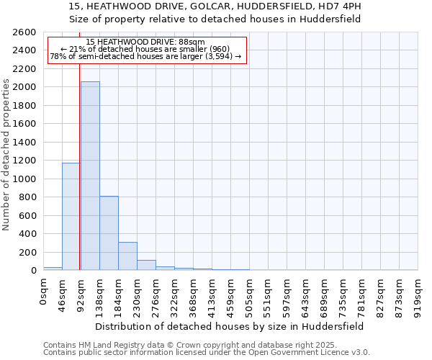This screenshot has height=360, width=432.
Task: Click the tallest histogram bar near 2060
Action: point(90,176)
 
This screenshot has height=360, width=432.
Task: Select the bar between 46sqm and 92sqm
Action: point(71,216)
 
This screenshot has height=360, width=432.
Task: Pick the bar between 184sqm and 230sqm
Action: point(127,256)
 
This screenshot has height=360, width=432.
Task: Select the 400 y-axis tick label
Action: point(28,234)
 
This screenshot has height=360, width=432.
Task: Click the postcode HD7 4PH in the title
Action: point(341,6)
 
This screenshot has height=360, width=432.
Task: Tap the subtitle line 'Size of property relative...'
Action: point(216,19)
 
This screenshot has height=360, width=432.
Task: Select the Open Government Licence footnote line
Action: point(207,353)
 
